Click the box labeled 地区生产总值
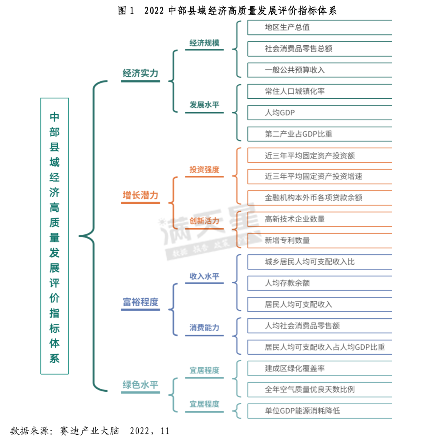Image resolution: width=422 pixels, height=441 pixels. point(320,28)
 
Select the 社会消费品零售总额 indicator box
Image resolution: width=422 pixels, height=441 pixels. point(320,49)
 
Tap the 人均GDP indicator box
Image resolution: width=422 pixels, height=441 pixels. point(320,113)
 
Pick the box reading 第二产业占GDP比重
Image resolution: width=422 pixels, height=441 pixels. point(320,134)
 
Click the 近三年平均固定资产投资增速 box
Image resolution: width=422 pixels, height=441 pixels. point(320,177)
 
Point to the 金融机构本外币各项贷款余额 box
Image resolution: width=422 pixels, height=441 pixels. point(320,198)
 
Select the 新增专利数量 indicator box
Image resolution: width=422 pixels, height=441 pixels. point(320,241)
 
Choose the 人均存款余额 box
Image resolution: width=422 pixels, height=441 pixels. point(320,283)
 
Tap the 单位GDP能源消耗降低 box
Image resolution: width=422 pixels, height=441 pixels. point(320,411)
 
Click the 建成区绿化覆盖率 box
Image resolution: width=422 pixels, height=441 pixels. point(320,368)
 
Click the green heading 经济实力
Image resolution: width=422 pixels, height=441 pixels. point(140,73)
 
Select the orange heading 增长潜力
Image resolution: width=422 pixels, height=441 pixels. point(140,195)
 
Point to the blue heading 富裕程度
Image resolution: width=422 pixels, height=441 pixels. point(140,302)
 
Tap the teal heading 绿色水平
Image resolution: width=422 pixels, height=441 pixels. point(140,384)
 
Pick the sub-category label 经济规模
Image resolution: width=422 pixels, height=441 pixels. point(204,43)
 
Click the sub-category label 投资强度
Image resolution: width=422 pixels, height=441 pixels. point(204,170)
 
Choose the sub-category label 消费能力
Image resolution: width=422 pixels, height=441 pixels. point(204,328)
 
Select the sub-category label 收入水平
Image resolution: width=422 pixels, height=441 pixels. point(204,276)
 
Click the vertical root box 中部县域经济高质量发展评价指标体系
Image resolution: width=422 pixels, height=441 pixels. point(55,236)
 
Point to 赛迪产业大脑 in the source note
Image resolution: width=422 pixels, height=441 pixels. point(89,431)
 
